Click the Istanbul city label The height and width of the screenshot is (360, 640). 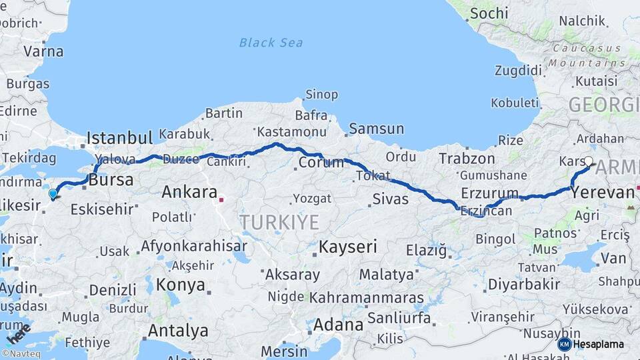120,138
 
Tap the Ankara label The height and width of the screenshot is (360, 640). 189,193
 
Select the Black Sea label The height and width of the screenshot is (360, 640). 271,43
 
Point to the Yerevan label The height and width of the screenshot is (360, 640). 602,193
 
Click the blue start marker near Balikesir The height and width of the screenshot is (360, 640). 53,194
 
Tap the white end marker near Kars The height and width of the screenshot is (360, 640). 589,161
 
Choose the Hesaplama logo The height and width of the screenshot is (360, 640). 592,344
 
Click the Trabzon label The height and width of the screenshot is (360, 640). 467,159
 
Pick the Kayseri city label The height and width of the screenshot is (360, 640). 347,247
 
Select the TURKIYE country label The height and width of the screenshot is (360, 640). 279,222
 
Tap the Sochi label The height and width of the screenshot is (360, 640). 489,13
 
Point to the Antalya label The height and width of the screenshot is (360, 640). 178,330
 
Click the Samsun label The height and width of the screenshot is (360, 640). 376,129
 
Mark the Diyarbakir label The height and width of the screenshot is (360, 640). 523,284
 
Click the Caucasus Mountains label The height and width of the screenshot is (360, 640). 587,56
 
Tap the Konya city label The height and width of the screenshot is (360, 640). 181,285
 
